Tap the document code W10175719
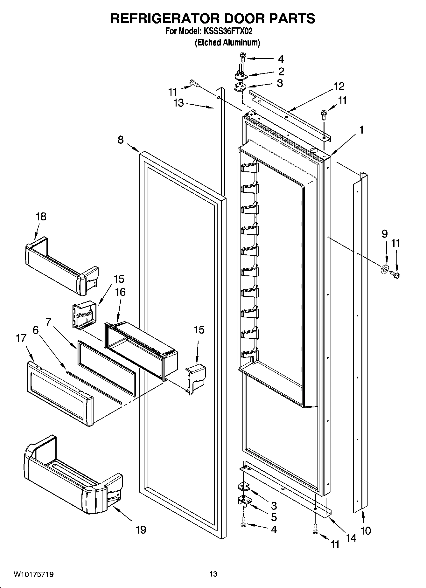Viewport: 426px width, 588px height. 33,574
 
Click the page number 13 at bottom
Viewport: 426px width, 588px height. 213,574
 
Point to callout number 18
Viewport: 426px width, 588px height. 41,217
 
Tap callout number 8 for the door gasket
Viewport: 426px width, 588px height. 121,140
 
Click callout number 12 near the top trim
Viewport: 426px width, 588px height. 339,86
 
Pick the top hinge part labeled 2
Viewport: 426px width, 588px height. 241,76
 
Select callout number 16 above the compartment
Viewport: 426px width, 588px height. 120,292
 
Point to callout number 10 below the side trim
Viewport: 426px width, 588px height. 366,530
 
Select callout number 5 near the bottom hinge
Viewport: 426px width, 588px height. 274,517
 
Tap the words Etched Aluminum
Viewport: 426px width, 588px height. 227,43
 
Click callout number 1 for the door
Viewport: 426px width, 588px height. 361,130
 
